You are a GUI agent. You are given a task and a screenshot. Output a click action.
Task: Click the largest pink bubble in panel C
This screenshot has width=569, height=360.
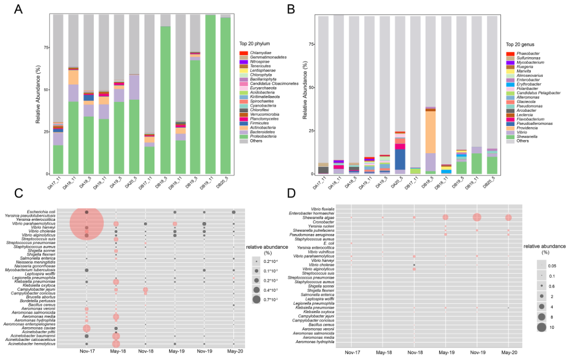coord(87,224)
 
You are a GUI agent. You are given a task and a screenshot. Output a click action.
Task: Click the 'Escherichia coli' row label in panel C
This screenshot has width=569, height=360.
coord(39,212)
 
